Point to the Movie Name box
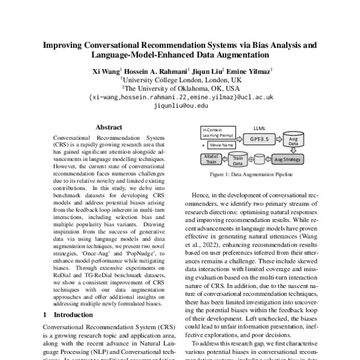(219, 146)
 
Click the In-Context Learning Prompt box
(219, 133)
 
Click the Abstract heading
(109, 127)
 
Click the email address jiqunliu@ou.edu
(181, 105)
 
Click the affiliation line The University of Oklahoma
(181, 88)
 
